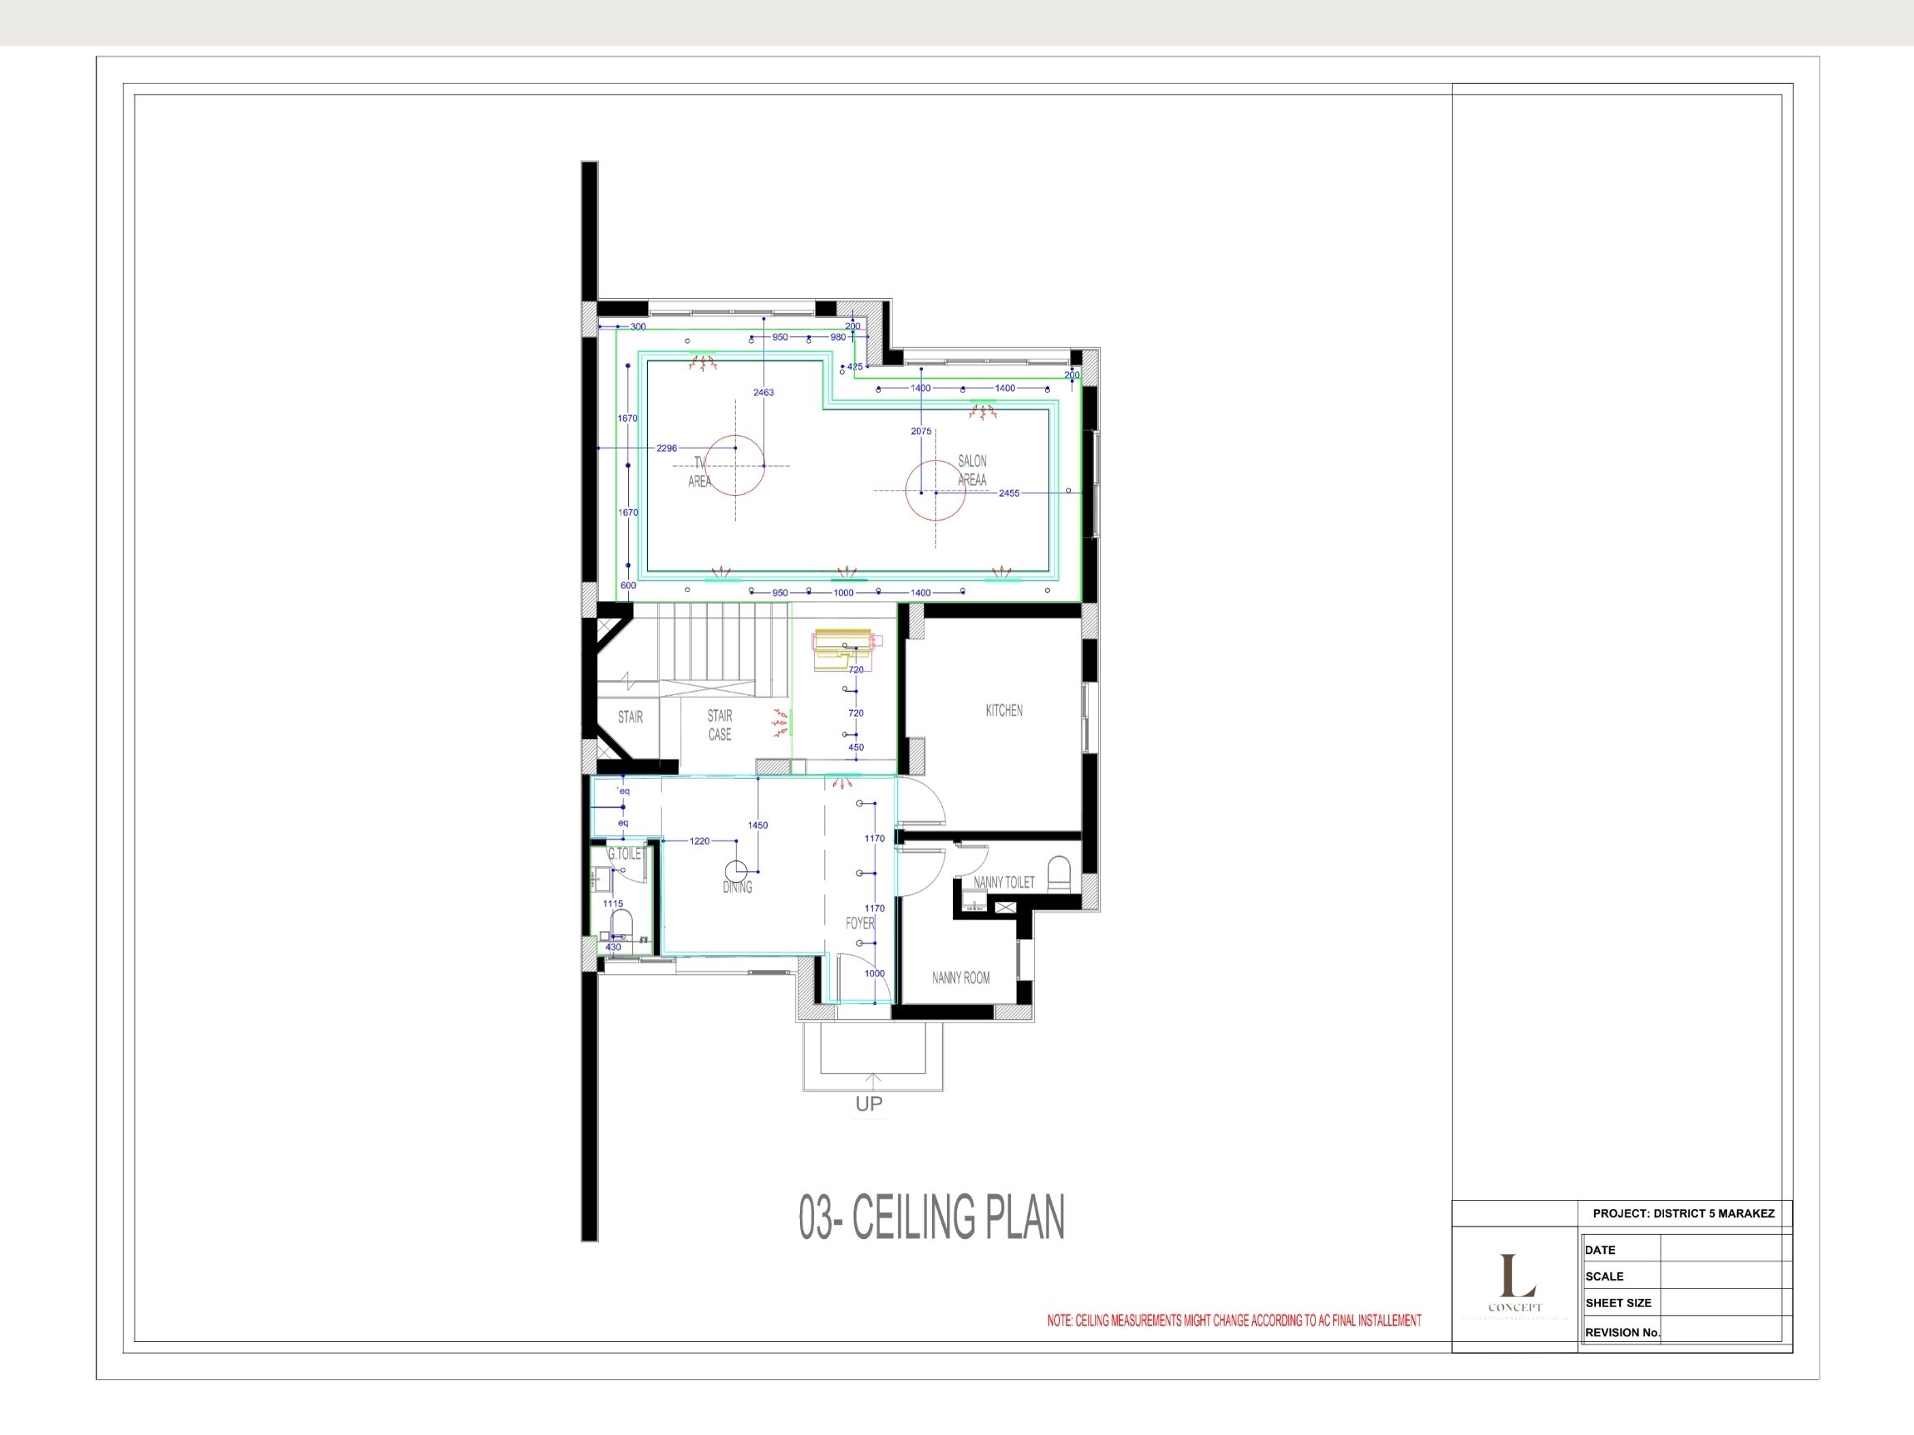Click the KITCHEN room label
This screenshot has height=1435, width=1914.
tap(1004, 710)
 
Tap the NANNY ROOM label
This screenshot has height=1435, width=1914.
tap(960, 977)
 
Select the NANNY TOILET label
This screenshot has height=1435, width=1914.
tap(1004, 882)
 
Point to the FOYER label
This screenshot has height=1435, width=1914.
tap(860, 923)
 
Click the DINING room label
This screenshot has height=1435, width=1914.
tap(737, 887)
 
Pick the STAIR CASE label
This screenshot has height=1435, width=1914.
tap(720, 725)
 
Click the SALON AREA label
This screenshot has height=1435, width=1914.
tap(972, 471)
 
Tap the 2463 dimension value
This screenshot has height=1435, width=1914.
tap(763, 393)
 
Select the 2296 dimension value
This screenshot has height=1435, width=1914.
tap(666, 448)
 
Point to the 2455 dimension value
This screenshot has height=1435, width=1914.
tap(1009, 493)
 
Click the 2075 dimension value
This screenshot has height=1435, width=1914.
tap(920, 431)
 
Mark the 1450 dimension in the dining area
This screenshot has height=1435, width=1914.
tap(757, 825)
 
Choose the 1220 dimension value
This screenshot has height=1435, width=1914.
tap(699, 840)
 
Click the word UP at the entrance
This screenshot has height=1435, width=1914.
tap(869, 1104)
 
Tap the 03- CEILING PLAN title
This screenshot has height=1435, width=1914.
tap(931, 1217)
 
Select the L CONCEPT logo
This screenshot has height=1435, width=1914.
tap(1514, 1286)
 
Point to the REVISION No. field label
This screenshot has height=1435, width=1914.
tap(1622, 1332)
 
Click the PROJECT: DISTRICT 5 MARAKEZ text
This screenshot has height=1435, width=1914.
tap(1683, 1213)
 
